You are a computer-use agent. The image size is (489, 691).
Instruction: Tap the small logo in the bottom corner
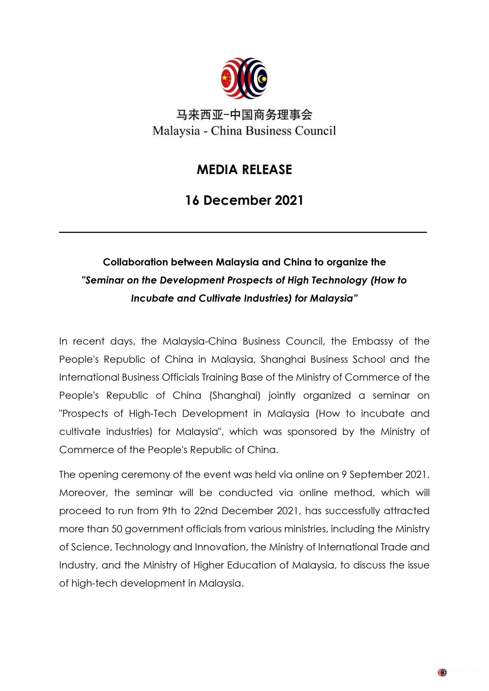tap(442, 672)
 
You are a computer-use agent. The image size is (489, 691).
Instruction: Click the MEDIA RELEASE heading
tap(244, 170)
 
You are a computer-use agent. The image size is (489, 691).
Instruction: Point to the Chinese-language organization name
tap(244, 115)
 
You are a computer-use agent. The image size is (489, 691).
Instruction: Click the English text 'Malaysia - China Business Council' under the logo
tap(244, 131)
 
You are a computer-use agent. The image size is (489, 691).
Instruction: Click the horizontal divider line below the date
tap(243, 232)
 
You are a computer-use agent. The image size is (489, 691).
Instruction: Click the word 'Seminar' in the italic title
tap(105, 280)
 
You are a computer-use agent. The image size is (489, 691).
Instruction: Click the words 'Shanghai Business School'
tap(323, 359)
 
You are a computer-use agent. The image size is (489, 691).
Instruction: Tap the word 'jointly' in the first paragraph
tap(282, 395)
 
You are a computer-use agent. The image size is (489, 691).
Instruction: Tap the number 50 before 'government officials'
tap(117, 529)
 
